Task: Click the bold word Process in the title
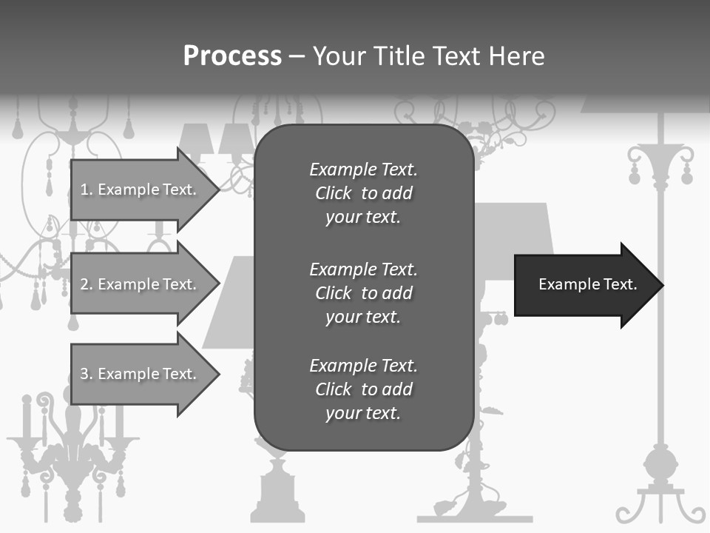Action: pyautogui.click(x=232, y=56)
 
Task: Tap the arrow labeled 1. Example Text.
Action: pyautogui.click(x=141, y=190)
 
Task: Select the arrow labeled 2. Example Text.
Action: pyautogui.click(x=141, y=284)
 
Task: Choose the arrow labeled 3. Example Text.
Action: pyautogui.click(x=141, y=375)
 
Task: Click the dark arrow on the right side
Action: pyautogui.click(x=584, y=285)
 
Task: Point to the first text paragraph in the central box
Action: pyautogui.click(x=363, y=193)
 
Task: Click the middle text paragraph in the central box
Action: pyautogui.click(x=363, y=292)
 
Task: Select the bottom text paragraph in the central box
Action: pyautogui.click(x=363, y=389)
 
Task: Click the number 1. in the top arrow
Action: pyautogui.click(x=87, y=190)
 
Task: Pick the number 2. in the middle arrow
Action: pyautogui.click(x=87, y=284)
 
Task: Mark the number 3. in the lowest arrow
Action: pyautogui.click(x=87, y=375)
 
